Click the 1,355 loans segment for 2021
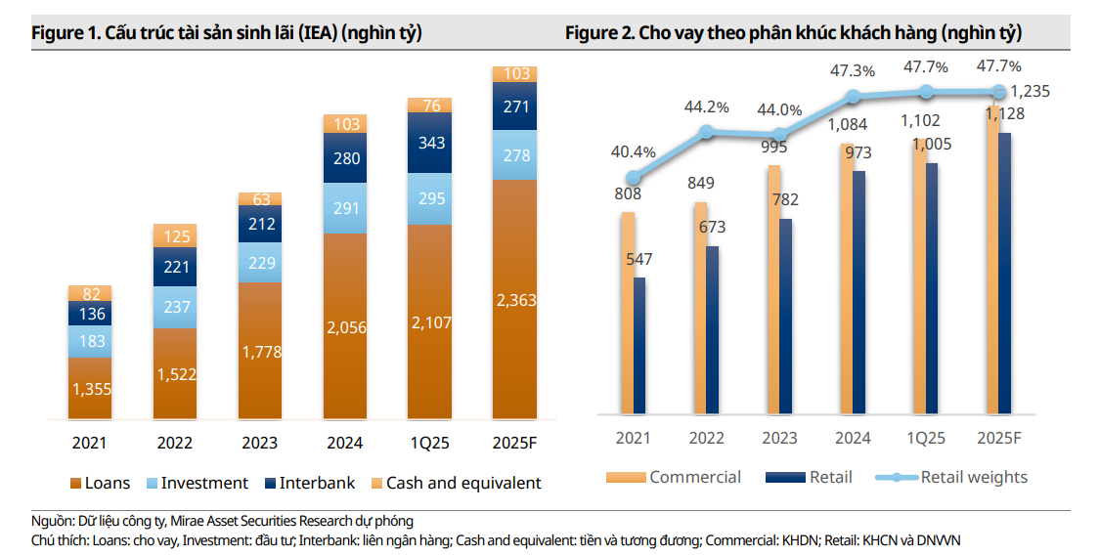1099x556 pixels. tap(90, 388)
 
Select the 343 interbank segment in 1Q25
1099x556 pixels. tap(431, 143)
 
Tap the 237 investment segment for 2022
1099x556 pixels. tap(175, 307)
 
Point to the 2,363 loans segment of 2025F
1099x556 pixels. tap(515, 299)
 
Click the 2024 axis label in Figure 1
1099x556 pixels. tap(345, 443)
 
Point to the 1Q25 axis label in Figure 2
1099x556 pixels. tap(925, 438)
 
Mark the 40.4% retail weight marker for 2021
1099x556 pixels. tap(634, 178)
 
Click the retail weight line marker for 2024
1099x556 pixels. tap(853, 97)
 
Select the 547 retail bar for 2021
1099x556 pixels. tap(640, 346)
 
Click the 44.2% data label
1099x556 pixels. tap(708, 107)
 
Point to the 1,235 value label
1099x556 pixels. tap(1031, 91)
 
